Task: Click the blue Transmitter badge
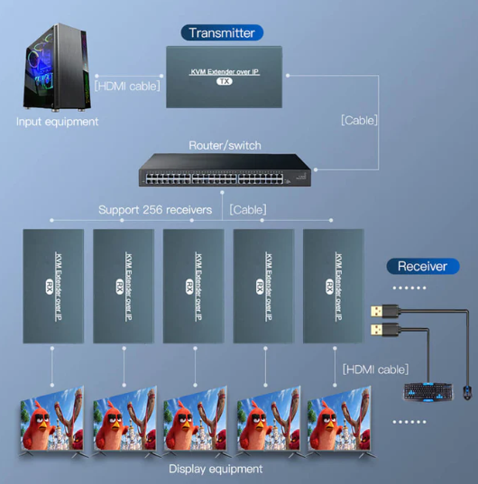(x=222, y=32)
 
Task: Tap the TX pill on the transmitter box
(x=225, y=81)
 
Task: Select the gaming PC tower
(x=57, y=67)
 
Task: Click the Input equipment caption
(x=58, y=122)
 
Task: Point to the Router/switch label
(x=225, y=145)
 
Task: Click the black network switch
(x=225, y=169)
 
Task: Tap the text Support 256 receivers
(x=155, y=210)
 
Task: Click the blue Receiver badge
(x=423, y=266)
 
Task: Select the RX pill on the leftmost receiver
(x=49, y=287)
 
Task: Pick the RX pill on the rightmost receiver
(x=329, y=287)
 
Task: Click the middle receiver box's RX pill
(x=189, y=287)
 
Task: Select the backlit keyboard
(x=428, y=392)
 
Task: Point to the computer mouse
(x=467, y=393)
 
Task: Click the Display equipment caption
(x=216, y=469)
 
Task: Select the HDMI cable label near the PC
(x=127, y=87)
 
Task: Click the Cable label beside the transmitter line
(x=359, y=121)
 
